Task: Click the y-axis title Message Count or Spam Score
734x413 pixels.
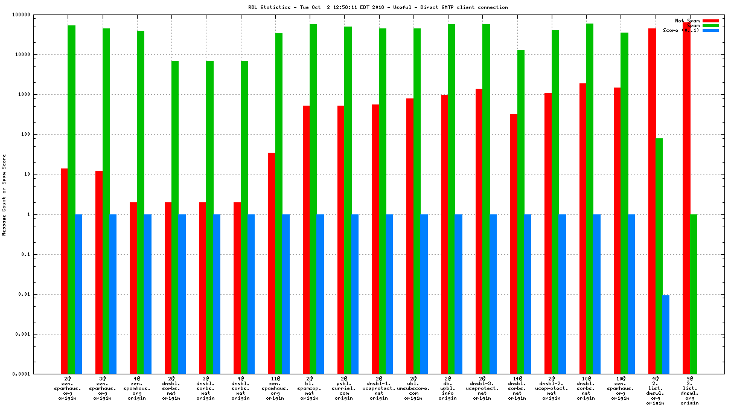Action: [x=4, y=194]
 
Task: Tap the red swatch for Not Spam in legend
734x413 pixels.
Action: [x=710, y=21]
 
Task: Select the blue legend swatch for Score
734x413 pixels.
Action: [x=710, y=30]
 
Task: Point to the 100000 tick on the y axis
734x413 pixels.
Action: [x=39, y=14]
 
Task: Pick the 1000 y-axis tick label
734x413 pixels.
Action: [x=43, y=95]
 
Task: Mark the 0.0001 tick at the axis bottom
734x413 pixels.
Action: [x=40, y=374]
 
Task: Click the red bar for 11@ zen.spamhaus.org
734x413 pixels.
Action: [x=272, y=263]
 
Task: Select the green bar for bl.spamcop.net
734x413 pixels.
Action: [x=313, y=199]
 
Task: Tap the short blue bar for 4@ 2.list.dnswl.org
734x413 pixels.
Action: [x=665, y=335]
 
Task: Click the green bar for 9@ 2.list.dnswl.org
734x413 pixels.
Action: [x=694, y=294]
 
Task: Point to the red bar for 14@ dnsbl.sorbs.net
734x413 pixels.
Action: [x=514, y=244]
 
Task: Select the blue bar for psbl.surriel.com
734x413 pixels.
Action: [x=355, y=294]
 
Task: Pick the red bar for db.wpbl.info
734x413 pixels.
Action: [x=444, y=234]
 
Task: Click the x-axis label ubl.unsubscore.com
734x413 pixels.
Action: [x=413, y=389]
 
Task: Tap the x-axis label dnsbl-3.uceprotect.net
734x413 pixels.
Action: [x=482, y=389]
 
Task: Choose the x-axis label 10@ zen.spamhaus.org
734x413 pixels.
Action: [x=621, y=389]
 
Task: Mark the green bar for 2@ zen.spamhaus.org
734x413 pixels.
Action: [x=71, y=199]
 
